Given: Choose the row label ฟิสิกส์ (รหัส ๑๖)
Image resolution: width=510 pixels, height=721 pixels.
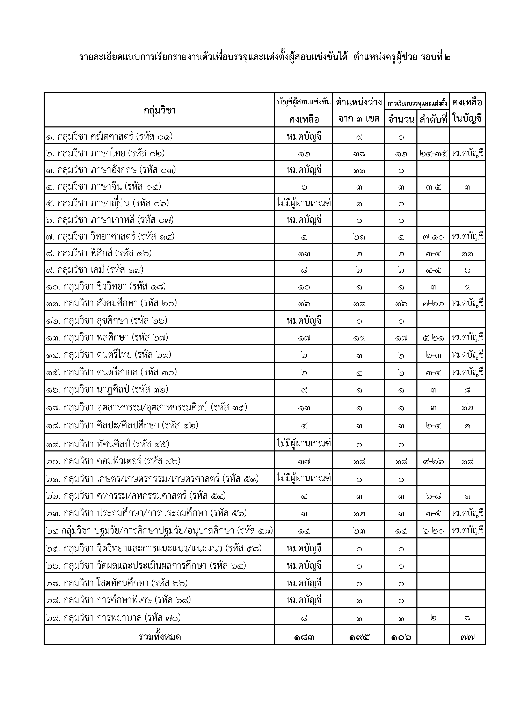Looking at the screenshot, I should [x=99, y=253].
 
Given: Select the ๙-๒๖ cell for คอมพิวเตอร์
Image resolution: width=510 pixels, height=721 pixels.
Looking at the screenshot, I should [x=433, y=461].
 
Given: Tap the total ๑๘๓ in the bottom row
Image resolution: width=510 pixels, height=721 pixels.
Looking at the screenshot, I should [x=304, y=637].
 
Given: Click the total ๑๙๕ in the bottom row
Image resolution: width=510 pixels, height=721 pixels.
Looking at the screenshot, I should [x=359, y=637].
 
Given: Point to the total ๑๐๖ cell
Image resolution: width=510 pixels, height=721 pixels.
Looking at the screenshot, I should [x=401, y=637].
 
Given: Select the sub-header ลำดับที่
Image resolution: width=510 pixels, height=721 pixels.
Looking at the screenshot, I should [x=433, y=119].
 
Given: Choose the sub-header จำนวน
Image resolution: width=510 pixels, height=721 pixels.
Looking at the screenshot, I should [x=401, y=119].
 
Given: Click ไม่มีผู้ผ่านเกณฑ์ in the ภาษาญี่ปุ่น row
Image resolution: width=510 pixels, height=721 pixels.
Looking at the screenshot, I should [x=304, y=203].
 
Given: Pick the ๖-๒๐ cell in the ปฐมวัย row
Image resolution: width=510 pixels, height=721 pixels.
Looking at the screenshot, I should [x=433, y=531].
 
